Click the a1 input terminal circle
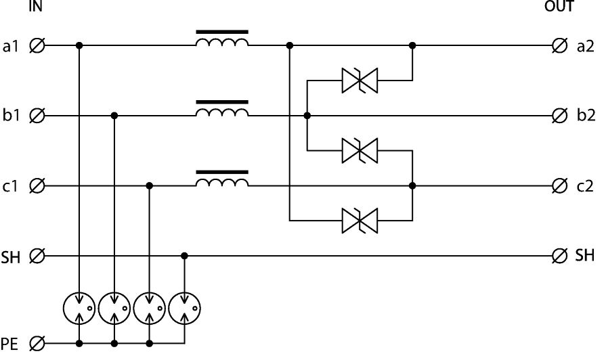tap(39, 46)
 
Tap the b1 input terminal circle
tap(39, 116)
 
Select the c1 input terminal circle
tap(39, 185)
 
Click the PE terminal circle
tap(39, 344)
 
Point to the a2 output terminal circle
tap(560, 46)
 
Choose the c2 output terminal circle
tap(560, 185)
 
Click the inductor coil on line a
tap(221, 42)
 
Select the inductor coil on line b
tap(221, 112)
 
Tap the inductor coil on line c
tap(221, 181)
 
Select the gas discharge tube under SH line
tap(185, 310)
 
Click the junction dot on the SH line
tap(185, 256)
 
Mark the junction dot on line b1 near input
tap(114, 116)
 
